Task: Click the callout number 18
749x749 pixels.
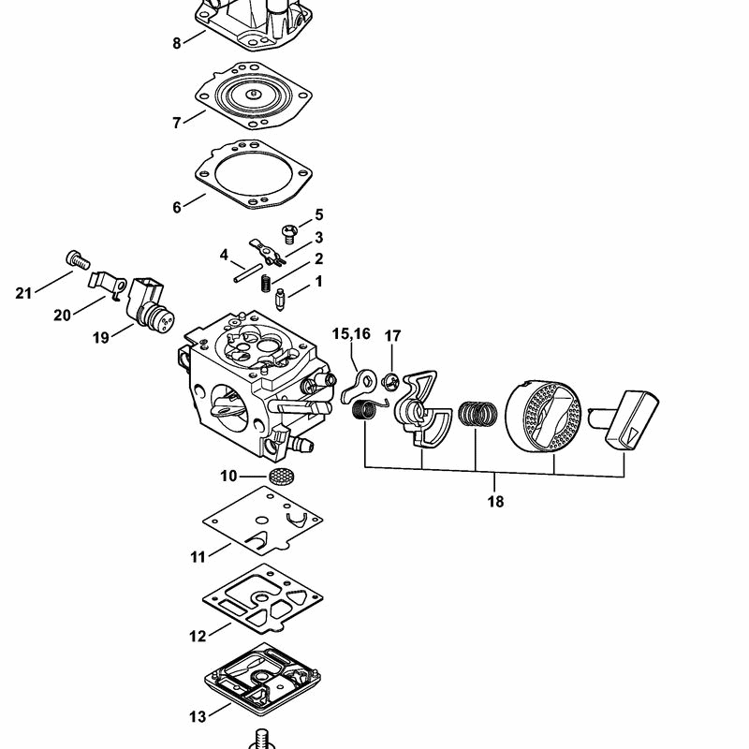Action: [x=495, y=502]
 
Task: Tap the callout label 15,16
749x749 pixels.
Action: [x=351, y=334]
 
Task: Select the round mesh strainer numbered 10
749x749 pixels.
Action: [x=280, y=476]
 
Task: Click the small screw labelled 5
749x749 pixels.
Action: [x=289, y=233]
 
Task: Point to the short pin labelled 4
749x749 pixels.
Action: [x=248, y=273]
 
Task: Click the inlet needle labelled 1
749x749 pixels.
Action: [x=280, y=300]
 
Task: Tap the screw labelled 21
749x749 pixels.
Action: [x=78, y=259]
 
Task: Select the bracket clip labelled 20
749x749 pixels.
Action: [x=107, y=286]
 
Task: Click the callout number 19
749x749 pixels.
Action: [x=100, y=338]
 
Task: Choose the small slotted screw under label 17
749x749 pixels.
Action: [x=390, y=383]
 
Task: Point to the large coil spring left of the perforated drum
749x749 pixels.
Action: [x=477, y=414]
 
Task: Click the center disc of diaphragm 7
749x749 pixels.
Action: [x=253, y=95]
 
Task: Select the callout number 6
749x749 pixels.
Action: [x=177, y=207]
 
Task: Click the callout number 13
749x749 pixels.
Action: [x=198, y=716]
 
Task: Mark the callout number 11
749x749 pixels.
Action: [x=198, y=557]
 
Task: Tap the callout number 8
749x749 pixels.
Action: [x=177, y=43]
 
